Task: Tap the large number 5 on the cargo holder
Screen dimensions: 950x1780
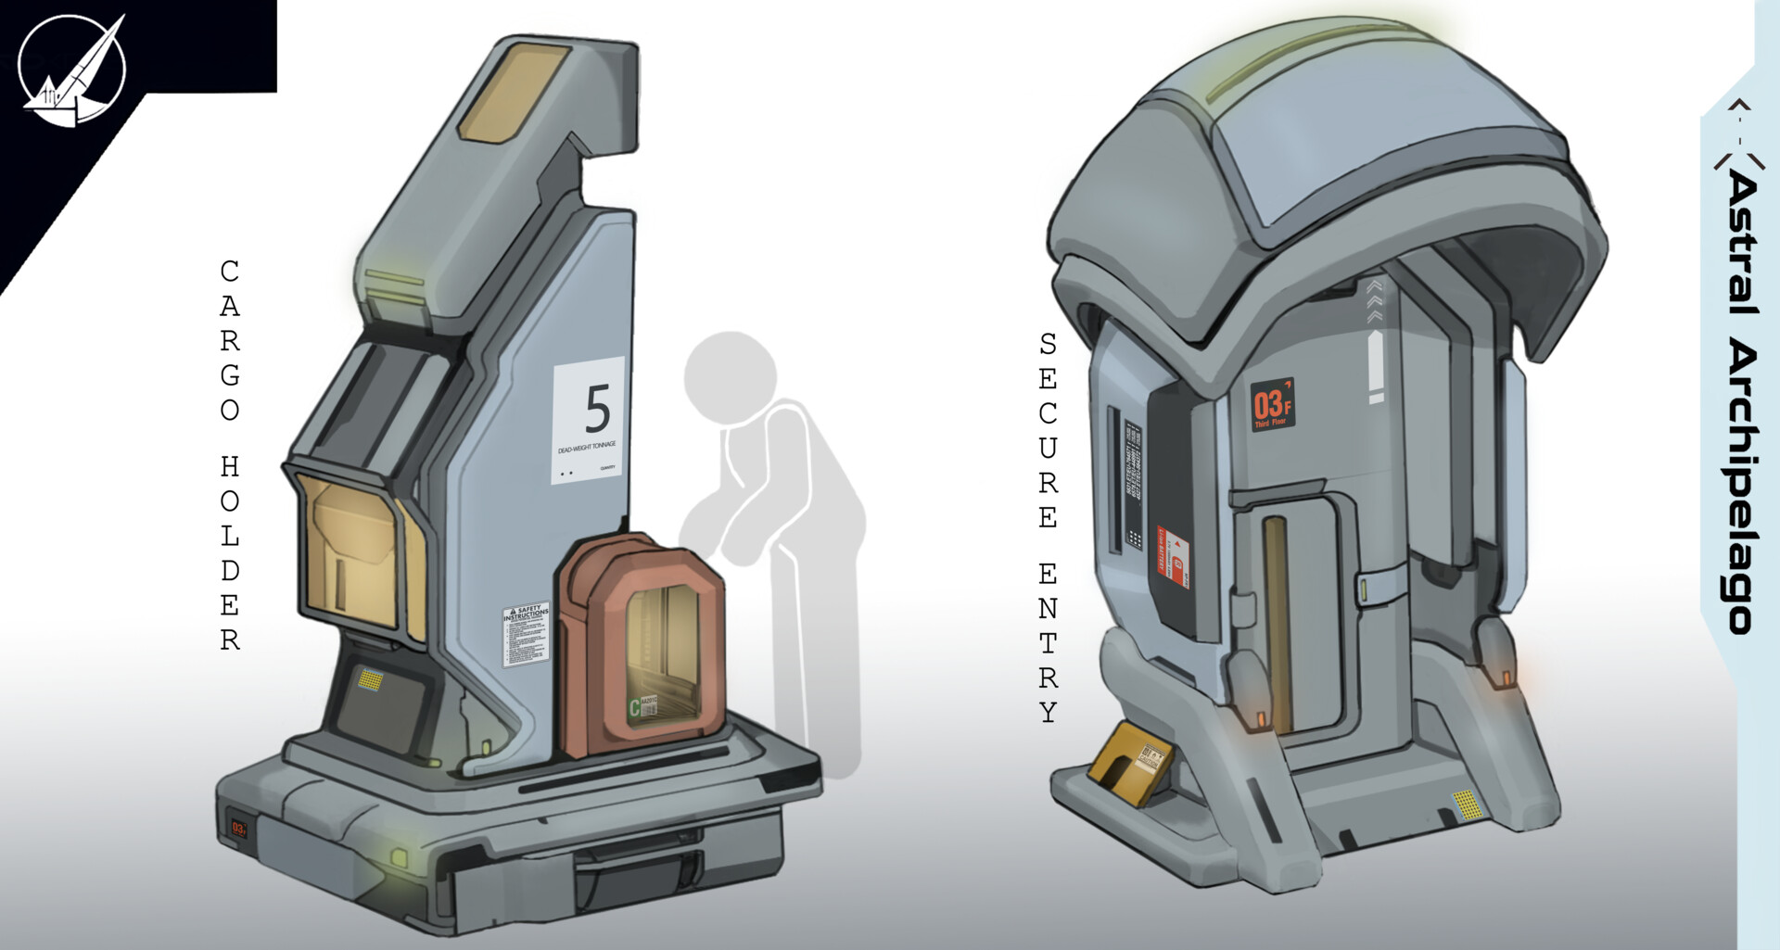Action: (x=597, y=409)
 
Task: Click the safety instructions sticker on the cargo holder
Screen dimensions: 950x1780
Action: (x=526, y=636)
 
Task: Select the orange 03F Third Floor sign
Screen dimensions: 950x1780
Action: (x=1272, y=405)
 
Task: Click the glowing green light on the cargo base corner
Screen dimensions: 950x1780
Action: (x=400, y=857)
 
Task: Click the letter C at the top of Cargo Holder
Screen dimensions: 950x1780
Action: (x=229, y=272)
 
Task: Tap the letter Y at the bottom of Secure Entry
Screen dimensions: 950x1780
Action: (x=1048, y=712)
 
